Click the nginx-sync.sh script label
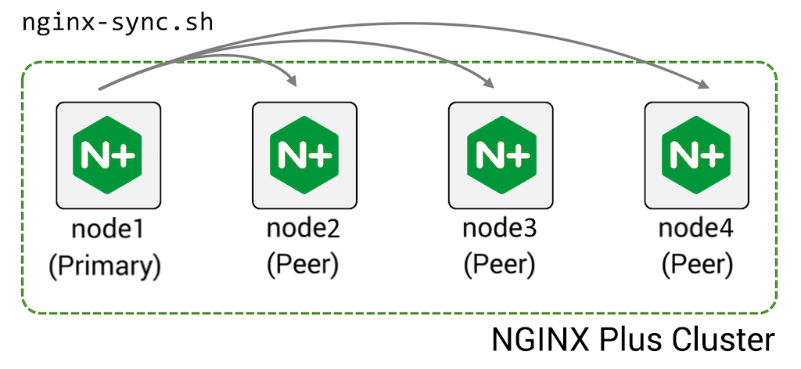(117, 21)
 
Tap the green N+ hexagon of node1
(109, 154)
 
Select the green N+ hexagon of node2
(304, 154)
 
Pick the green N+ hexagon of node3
(500, 154)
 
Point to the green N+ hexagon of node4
(695, 154)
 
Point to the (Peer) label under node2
(304, 266)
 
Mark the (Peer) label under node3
(499, 266)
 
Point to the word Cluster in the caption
(719, 341)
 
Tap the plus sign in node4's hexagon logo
(710, 155)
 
